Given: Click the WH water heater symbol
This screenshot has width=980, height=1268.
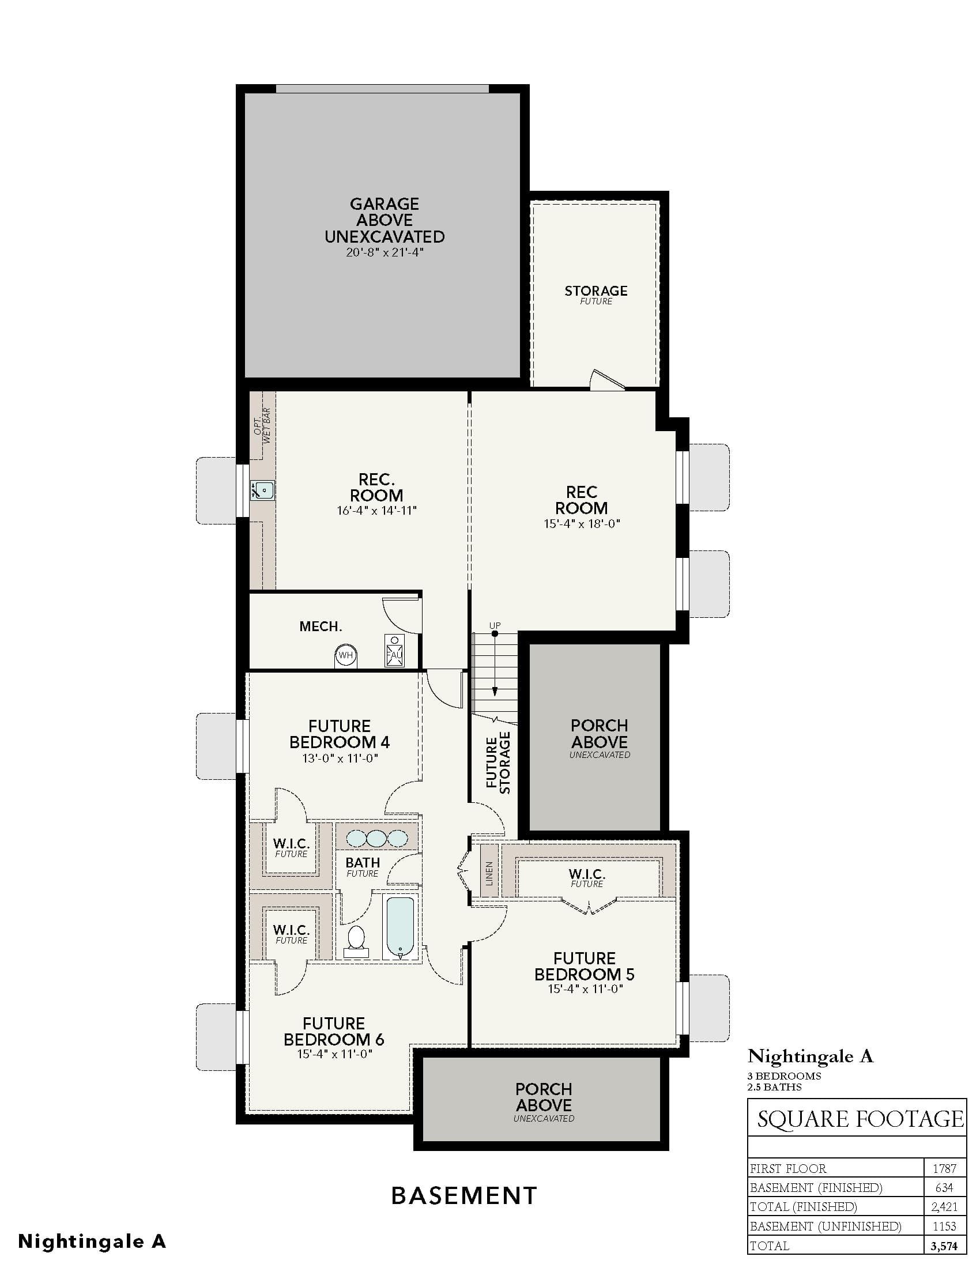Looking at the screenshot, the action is click(x=346, y=655).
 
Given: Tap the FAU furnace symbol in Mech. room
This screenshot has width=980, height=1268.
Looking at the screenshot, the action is click(x=395, y=651).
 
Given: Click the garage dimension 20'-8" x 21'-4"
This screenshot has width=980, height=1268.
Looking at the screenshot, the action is click(x=385, y=252).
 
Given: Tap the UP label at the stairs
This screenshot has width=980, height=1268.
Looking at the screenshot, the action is click(x=495, y=625).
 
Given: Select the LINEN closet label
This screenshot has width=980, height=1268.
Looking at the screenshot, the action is click(x=489, y=873).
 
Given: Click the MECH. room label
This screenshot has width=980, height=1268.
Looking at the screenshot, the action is click(x=321, y=627).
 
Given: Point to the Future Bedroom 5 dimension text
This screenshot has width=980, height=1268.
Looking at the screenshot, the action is click(x=585, y=988).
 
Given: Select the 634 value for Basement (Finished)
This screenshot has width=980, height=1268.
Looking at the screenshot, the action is click(x=945, y=1187).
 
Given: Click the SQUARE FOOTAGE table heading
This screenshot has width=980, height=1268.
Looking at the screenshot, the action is click(x=861, y=1119).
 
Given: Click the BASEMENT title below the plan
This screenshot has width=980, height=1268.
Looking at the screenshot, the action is click(x=464, y=1195).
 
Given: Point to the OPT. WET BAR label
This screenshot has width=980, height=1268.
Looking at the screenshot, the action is click(x=262, y=426).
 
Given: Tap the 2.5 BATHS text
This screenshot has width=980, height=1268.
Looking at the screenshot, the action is click(x=774, y=1087).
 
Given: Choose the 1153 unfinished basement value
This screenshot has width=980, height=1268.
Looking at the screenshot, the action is click(x=945, y=1225).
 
